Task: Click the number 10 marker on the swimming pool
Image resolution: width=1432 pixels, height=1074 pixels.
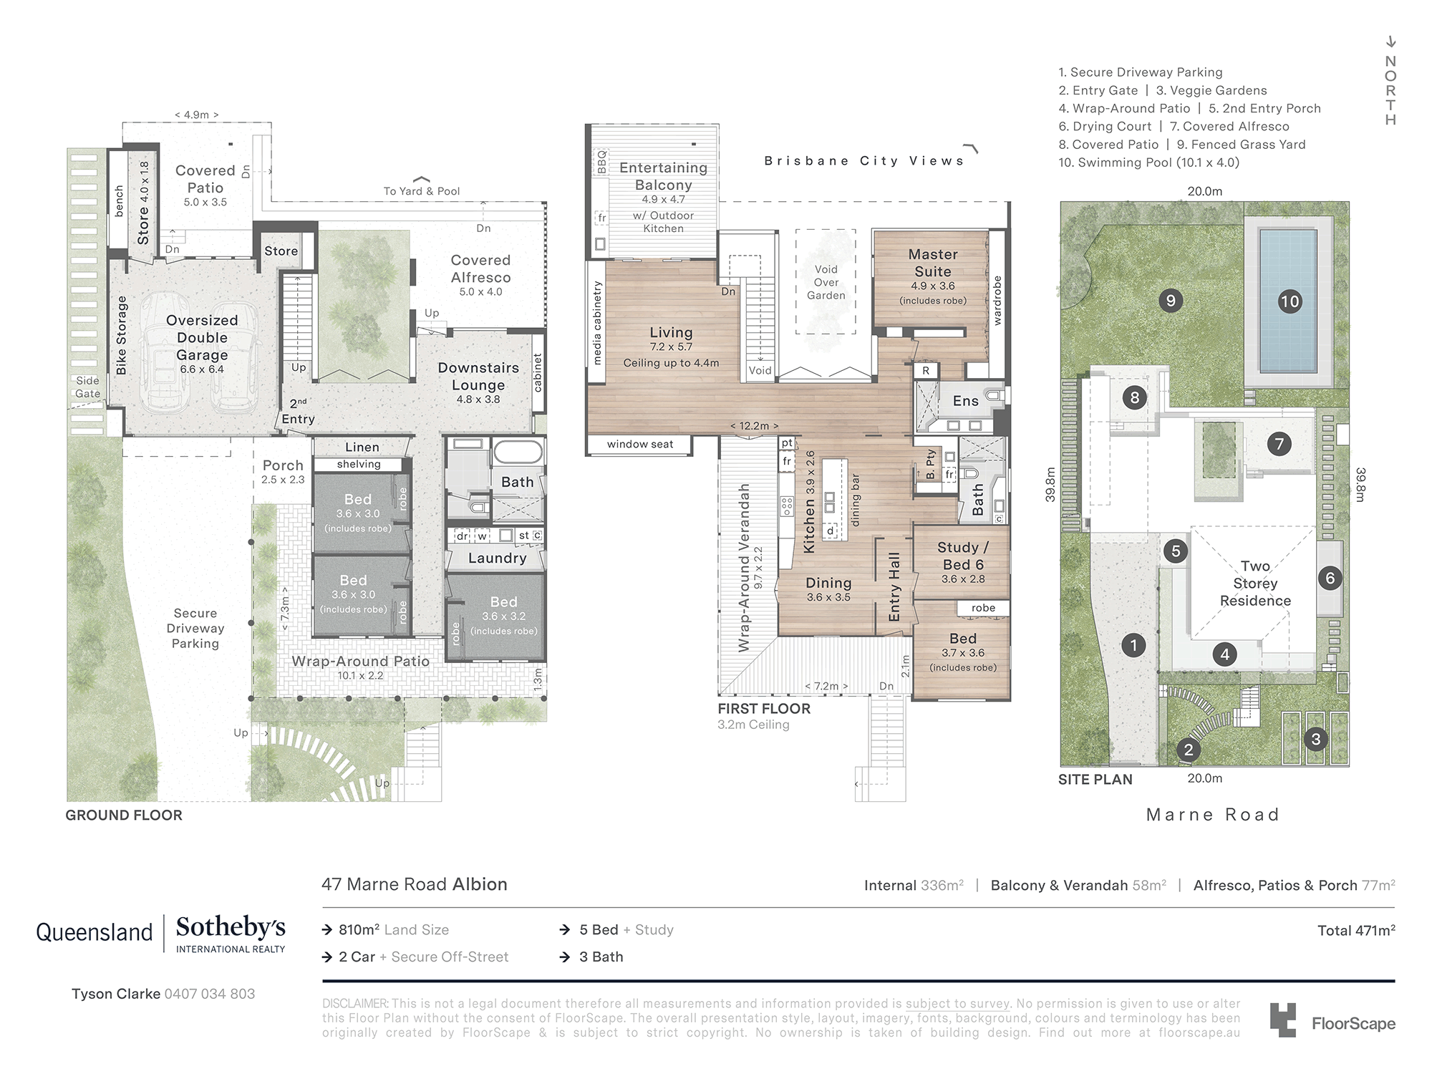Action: [x=1290, y=301]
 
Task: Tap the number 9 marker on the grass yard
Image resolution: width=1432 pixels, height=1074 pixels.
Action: [x=1171, y=301]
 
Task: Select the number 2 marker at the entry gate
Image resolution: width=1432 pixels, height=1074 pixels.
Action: [x=1189, y=750]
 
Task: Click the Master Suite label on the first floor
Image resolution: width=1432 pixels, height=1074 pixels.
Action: [x=933, y=263]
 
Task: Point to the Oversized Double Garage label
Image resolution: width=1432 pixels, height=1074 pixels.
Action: [x=202, y=337]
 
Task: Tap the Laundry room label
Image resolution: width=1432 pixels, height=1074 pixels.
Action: [x=497, y=558]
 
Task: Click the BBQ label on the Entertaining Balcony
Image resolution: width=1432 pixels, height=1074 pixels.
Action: [x=601, y=162]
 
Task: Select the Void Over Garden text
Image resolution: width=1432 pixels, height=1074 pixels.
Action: [x=826, y=282]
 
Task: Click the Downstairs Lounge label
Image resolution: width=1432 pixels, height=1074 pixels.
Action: [x=478, y=376]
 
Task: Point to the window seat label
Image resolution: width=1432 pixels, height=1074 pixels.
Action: [x=640, y=444]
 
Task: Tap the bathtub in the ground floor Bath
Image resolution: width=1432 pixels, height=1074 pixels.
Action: [x=518, y=453]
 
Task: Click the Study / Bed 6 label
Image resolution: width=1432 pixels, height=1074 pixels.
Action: [x=963, y=556]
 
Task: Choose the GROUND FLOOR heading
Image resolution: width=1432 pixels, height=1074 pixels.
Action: [x=124, y=815]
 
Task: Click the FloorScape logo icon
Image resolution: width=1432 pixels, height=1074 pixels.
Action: [x=1283, y=1020]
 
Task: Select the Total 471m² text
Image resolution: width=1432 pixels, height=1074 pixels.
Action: [x=1356, y=930]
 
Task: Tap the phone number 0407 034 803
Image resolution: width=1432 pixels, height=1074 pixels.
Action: [x=210, y=994]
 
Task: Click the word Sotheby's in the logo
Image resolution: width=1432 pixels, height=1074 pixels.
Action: [x=231, y=927]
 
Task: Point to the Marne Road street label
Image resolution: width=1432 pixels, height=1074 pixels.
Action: [x=1213, y=815]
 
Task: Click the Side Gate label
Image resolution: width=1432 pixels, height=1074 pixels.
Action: [x=88, y=387]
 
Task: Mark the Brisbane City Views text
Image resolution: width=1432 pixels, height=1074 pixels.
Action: [x=864, y=161]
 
